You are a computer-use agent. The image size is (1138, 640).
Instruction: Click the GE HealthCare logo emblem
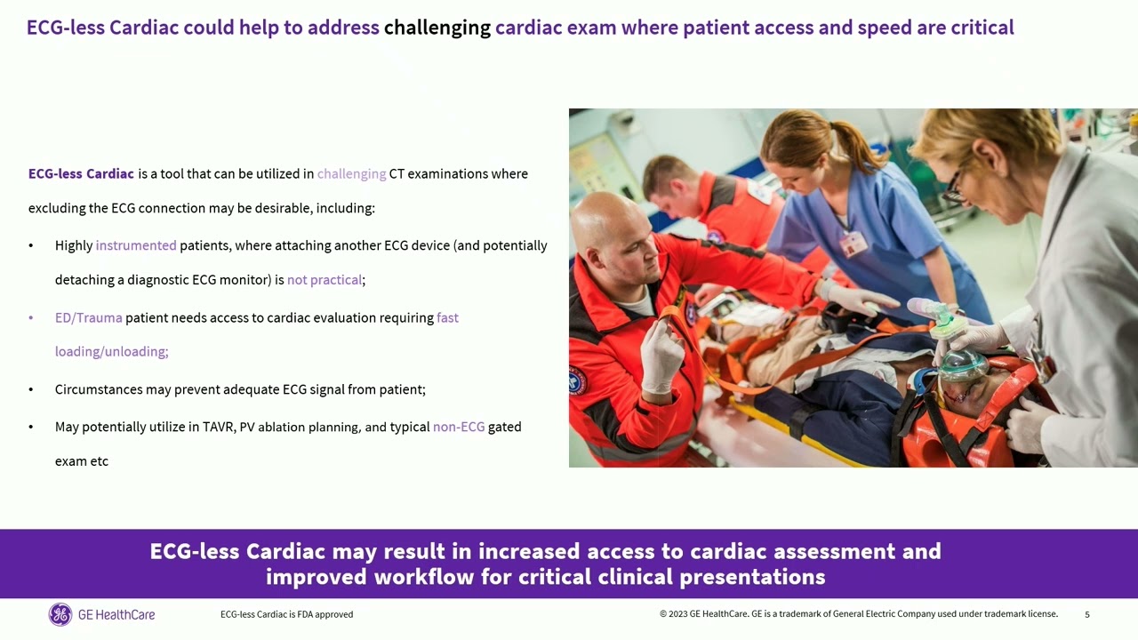(60, 614)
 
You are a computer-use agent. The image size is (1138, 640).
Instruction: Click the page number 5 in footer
(1086, 614)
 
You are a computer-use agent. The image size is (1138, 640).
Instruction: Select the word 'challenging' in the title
(437, 28)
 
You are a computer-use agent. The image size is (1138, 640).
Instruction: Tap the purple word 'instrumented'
(136, 245)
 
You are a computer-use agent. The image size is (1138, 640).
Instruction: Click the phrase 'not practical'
(325, 280)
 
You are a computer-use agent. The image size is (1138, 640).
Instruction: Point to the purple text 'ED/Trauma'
(88, 317)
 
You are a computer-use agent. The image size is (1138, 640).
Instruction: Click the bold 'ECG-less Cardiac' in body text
(81, 173)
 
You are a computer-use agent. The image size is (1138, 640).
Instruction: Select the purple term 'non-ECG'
(459, 427)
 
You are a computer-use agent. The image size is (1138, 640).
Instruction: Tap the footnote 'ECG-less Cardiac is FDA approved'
(286, 614)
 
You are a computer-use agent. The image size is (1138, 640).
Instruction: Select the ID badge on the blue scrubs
(853, 243)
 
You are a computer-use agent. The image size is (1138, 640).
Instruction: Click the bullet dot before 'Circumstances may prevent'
(31, 389)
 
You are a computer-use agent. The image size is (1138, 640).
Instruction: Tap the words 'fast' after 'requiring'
(447, 317)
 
